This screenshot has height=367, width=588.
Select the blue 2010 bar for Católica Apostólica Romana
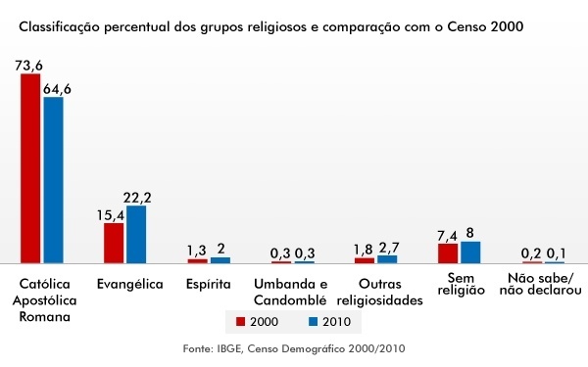pos(52,180)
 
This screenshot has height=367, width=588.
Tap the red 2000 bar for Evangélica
pos(114,243)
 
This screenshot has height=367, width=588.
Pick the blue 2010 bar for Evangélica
pos(135,234)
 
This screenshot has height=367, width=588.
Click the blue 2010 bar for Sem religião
pos(470,252)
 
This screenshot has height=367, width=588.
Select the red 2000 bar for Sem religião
pos(448,253)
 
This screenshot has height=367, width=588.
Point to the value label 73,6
pos(29,65)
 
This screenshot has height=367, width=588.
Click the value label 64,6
pos(56,89)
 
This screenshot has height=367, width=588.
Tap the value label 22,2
pos(137,198)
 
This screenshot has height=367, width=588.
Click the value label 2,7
pos(388,248)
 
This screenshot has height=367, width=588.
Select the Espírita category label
pos(208,285)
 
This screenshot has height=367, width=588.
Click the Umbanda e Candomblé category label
pos(292,292)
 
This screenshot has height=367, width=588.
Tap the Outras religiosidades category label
pos(376,292)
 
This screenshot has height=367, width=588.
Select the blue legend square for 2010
pos(314,321)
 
